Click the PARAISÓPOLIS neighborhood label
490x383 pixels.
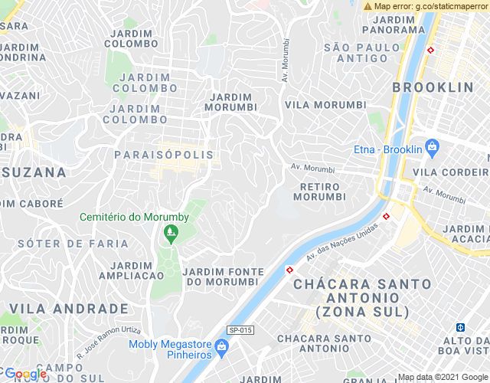pos(162,155)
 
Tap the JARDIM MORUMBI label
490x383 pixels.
pos(232,102)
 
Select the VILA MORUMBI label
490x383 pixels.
pos(323,104)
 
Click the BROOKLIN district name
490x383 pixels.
pos(433,87)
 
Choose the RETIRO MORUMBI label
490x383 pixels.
pos(319,191)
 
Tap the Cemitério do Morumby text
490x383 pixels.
pos(134,217)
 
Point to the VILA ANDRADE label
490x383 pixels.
pos(69,309)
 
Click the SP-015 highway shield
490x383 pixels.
pos(240,330)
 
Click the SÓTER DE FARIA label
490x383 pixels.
pos(73,244)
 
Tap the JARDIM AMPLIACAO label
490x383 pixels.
pos(131,270)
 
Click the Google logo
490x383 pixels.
pos(25,374)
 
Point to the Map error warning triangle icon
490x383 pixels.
pos(368,6)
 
